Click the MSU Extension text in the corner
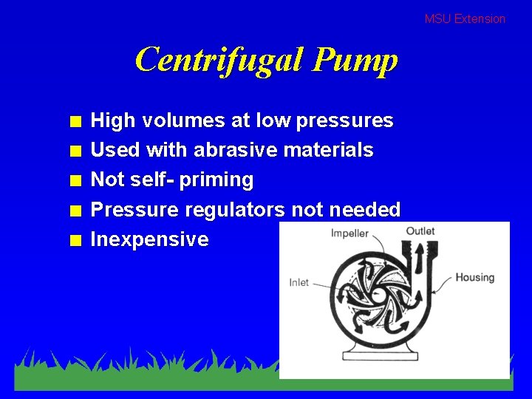pyautogui.click(x=465, y=19)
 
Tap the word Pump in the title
pyautogui.click(x=355, y=61)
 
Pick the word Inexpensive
pyautogui.click(x=149, y=239)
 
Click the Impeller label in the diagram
pyautogui.click(x=349, y=233)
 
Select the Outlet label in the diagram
pyautogui.click(x=420, y=231)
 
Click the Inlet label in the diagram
pyautogui.click(x=299, y=282)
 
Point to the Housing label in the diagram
pyautogui.click(x=474, y=277)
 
